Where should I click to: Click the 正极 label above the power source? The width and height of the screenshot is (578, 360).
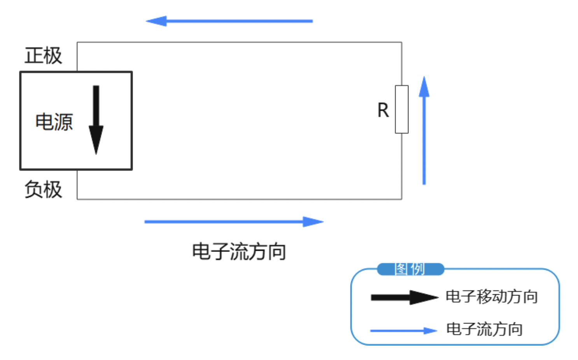coord(43,56)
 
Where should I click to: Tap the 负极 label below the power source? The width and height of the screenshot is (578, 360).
coord(43,189)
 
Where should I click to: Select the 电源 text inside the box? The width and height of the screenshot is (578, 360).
coord(54,122)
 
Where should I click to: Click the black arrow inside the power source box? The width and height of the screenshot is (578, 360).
coord(96,117)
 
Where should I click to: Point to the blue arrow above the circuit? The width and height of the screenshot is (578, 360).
coord(229,21)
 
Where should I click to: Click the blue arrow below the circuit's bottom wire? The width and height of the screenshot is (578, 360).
coord(233,222)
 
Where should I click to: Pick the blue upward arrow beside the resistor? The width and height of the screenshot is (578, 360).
coord(424,130)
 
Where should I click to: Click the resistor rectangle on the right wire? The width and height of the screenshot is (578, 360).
coord(402,109)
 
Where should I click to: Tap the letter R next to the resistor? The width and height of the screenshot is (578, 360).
coord(383,110)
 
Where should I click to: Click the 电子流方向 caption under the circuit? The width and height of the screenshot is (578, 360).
coord(239,252)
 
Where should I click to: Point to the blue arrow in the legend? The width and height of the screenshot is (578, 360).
coord(404,331)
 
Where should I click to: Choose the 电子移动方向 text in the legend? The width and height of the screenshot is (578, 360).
coord(492,297)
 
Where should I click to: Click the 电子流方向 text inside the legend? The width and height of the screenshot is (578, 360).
coord(484,329)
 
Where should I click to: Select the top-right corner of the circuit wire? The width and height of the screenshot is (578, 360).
coord(402,42)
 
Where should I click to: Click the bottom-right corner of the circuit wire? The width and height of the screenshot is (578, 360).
coord(402,199)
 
